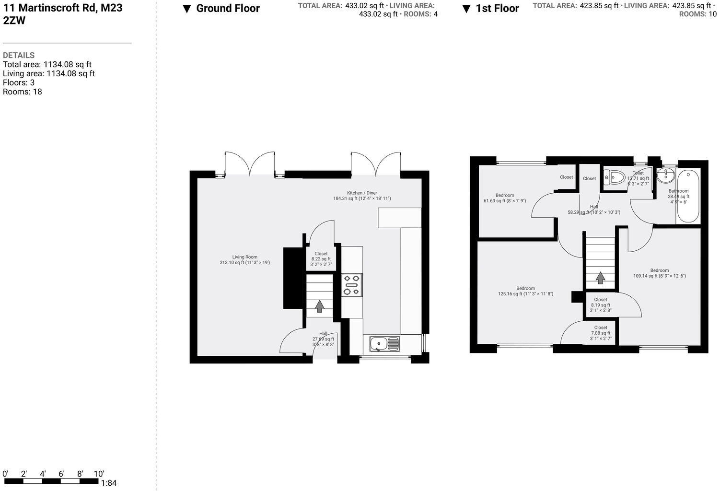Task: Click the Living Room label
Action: coord(244,259)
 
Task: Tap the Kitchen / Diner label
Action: coord(362,195)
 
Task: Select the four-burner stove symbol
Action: coord(352,284)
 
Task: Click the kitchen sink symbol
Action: coord(384,343)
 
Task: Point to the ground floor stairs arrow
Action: coord(320,306)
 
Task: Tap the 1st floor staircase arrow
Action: coord(600,278)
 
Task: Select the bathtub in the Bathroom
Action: coord(688,196)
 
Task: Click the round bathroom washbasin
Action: coord(665,176)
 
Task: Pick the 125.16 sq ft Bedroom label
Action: coord(525,291)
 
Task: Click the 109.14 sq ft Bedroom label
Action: coord(660,273)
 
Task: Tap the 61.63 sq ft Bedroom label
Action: coord(505,198)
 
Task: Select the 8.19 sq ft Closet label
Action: coord(601,305)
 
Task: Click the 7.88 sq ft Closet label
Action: coord(601,333)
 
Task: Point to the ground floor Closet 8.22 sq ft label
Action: coord(321,259)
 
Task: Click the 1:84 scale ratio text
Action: coord(109,483)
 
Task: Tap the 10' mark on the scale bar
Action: coord(99,474)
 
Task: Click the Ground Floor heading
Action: coord(228,8)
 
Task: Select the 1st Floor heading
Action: coord(497,8)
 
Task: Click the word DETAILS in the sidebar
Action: coord(19,55)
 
